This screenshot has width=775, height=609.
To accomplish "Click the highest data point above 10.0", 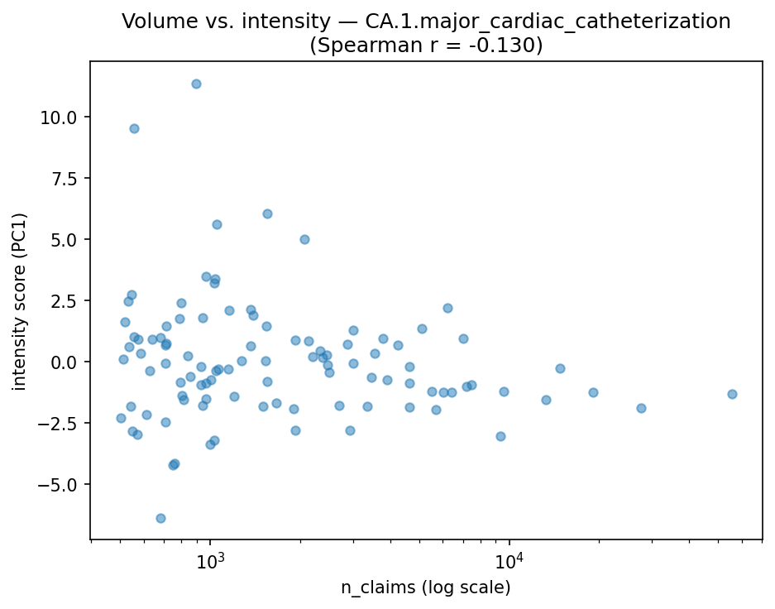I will [196, 84].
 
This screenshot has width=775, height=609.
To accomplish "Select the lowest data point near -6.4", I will [160, 518].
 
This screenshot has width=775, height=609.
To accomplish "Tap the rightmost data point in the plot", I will [732, 394].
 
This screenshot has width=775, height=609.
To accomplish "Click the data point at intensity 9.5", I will [134, 128].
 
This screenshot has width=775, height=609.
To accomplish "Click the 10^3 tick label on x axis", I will [210, 559].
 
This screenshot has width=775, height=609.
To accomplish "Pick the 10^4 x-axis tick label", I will [509, 559].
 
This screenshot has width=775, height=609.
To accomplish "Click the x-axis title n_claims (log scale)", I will [426, 587].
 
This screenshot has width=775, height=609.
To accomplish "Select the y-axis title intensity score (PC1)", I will [20, 301].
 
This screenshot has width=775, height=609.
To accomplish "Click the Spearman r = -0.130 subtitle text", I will [426, 46].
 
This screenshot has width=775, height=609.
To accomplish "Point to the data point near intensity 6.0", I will [267, 213].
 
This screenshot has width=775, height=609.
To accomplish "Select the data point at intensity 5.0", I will [304, 239].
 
